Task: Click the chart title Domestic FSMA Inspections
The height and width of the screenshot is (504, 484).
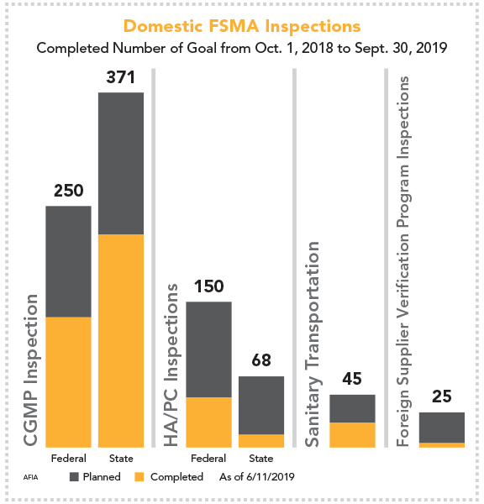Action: pyautogui.click(x=241, y=26)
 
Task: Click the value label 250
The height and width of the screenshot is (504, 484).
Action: pyautogui.click(x=68, y=190)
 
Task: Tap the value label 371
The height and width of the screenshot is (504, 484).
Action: pyautogui.click(x=121, y=77)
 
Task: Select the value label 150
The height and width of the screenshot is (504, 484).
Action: pyautogui.click(x=208, y=286)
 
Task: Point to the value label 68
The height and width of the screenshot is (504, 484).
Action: pyautogui.click(x=261, y=361)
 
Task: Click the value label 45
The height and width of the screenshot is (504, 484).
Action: pyautogui.click(x=351, y=380)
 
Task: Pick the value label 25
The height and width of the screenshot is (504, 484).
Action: pyautogui.click(x=441, y=397)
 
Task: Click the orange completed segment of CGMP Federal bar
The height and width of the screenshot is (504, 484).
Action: pyautogui.click(x=68, y=381)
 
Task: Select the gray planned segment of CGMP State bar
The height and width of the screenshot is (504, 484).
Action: pyautogui.click(x=121, y=163)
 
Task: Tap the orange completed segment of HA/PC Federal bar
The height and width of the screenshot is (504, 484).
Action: pyautogui.click(x=208, y=422)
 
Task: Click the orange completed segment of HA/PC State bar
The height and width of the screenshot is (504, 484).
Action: pyautogui.click(x=261, y=440)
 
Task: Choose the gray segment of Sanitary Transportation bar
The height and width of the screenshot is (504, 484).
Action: pyautogui.click(x=351, y=408)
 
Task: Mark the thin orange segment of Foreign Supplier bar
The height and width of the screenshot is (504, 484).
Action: pyautogui.click(x=441, y=444)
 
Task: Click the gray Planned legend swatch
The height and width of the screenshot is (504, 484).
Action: pyautogui.click(x=74, y=477)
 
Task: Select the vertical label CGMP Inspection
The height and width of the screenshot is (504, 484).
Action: pyautogui.click(x=31, y=370)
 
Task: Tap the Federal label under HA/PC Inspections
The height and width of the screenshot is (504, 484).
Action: pyautogui.click(x=208, y=459)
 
